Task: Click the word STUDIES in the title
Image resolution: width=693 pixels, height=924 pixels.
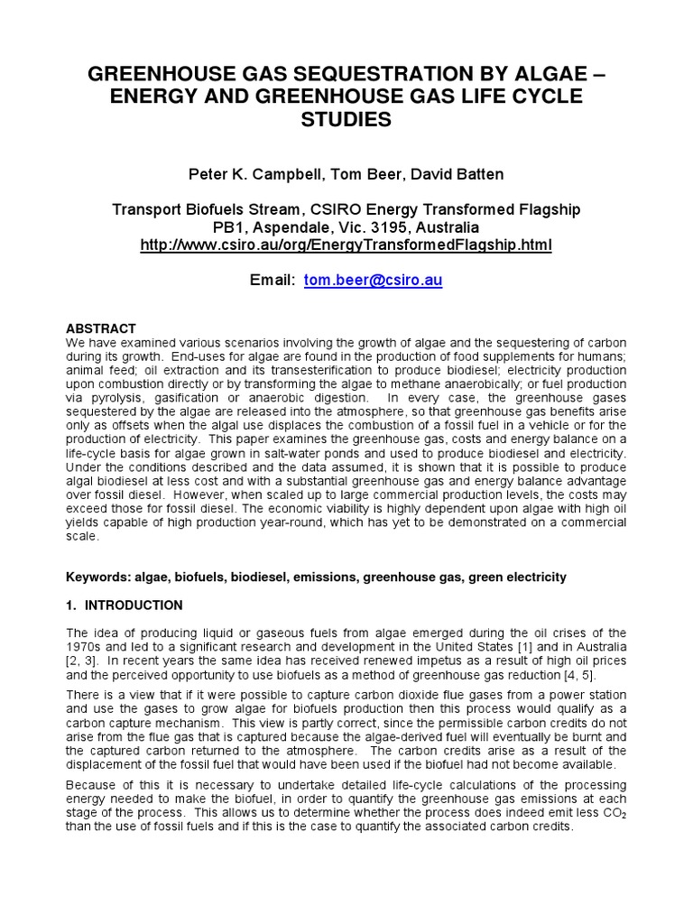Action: coord(347,119)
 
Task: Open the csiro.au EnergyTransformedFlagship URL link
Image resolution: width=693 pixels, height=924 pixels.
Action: coord(346,245)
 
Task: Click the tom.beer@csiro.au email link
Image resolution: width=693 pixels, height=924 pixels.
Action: coord(373,281)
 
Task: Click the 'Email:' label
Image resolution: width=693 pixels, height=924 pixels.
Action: coord(272,281)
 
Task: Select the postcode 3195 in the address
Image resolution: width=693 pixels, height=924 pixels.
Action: coord(391,226)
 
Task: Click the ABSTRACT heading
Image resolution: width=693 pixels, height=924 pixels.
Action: coord(102,328)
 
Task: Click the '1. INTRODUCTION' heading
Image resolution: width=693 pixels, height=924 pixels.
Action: coord(125,605)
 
